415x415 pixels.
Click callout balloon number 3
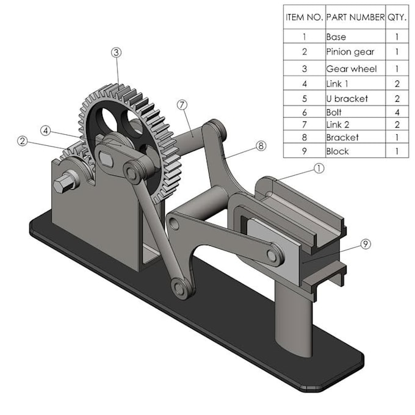(x=116, y=52)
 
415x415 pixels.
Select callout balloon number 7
(x=182, y=105)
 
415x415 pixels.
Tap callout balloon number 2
(x=23, y=141)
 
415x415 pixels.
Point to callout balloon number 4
(x=46, y=131)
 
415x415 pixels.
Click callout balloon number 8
(x=261, y=146)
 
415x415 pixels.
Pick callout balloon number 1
(x=319, y=168)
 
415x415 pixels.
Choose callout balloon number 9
(x=366, y=244)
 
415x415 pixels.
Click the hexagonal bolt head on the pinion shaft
(x=62, y=184)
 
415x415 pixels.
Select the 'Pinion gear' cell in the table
(x=355, y=52)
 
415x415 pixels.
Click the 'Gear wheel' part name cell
(x=355, y=68)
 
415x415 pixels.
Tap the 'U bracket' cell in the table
(x=355, y=98)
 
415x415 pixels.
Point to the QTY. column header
(x=397, y=17)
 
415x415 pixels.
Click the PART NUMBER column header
(x=355, y=17)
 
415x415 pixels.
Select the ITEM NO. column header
(x=305, y=17)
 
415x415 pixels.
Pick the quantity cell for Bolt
(x=397, y=112)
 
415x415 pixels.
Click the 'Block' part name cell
(x=355, y=151)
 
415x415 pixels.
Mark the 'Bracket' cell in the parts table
(x=355, y=137)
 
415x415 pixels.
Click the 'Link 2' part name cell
(x=355, y=124)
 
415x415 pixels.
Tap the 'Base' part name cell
(x=355, y=36)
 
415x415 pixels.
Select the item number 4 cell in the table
(x=305, y=84)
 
